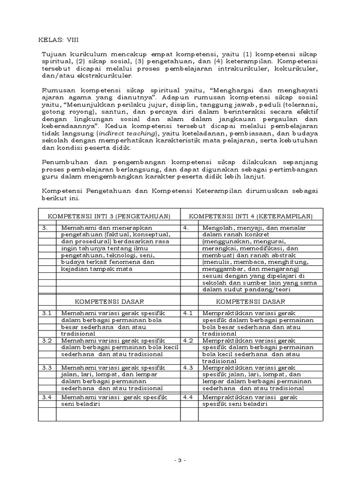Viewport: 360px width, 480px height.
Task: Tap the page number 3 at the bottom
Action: click(180, 460)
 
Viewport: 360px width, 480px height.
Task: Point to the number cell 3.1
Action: click(47, 313)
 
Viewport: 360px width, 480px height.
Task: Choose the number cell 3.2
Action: click(47, 340)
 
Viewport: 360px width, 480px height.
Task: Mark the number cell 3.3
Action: click(47, 368)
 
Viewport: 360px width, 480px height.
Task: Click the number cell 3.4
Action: click(47, 397)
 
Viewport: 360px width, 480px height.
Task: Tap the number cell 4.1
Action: click(188, 313)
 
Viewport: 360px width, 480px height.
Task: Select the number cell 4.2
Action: click(188, 340)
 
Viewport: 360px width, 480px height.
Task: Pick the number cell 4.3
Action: click(188, 368)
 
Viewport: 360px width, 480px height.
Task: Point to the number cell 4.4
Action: click(188, 397)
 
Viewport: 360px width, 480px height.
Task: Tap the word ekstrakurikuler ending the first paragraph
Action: click(107, 75)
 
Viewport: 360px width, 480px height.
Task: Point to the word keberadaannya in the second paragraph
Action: click(66, 126)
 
